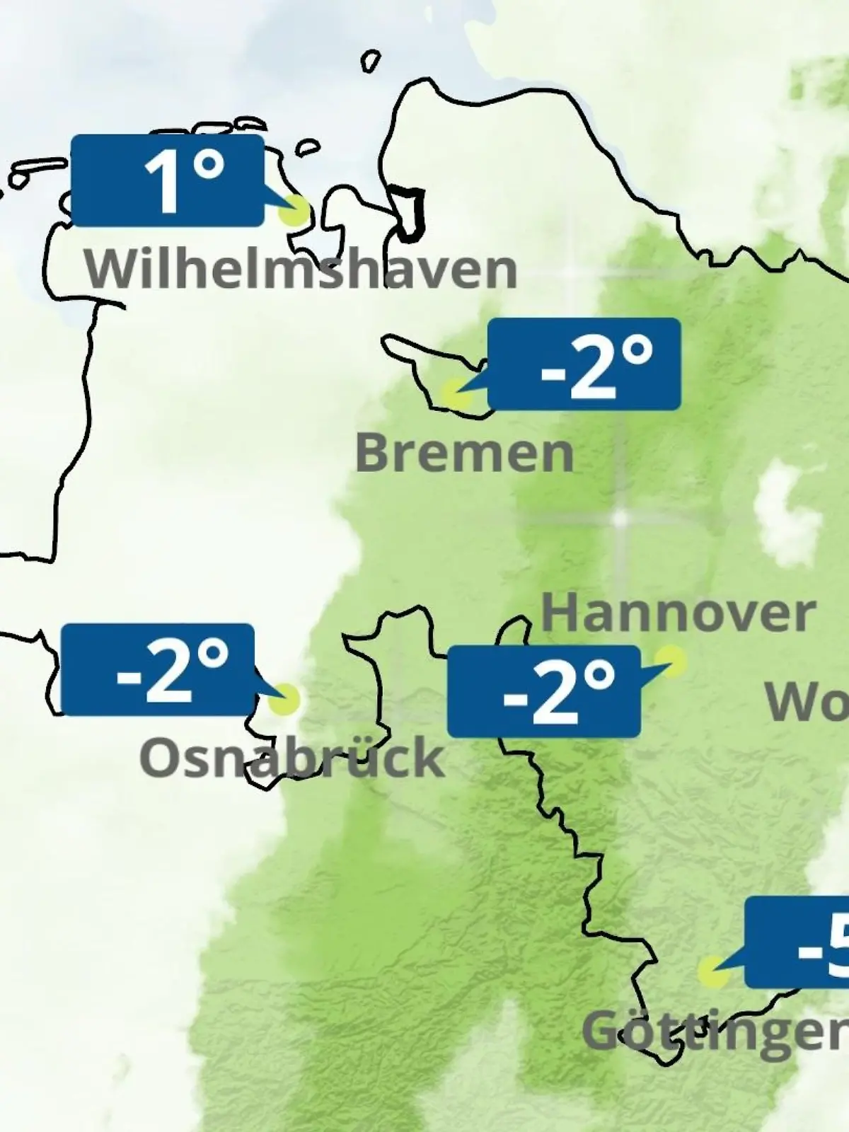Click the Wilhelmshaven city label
(x=301, y=270)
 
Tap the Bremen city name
(x=464, y=454)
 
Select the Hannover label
(x=678, y=613)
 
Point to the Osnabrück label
(x=291, y=758)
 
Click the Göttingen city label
(x=715, y=1032)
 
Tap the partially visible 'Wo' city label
(x=807, y=703)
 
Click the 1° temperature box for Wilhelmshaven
(x=168, y=181)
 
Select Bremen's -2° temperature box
(x=584, y=364)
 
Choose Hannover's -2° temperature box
(x=544, y=691)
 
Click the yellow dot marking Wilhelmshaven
(x=294, y=211)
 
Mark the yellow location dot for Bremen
(x=456, y=393)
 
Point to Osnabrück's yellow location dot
(x=284, y=699)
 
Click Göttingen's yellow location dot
(x=713, y=972)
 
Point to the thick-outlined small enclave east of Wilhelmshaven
(x=410, y=211)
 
